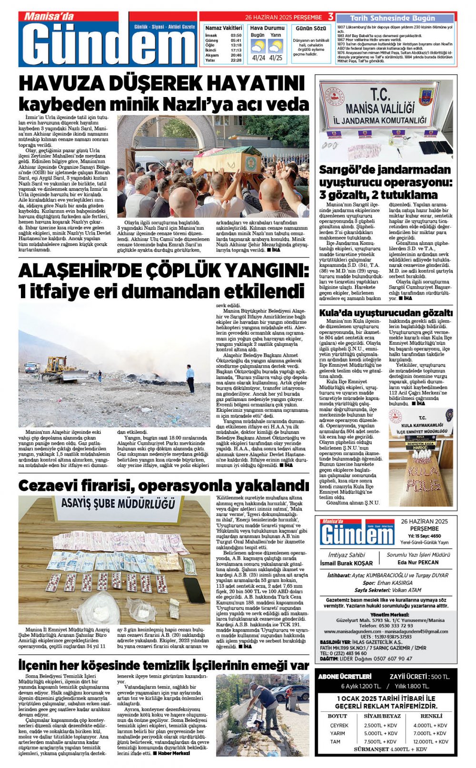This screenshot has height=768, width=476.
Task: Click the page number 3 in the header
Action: click(331, 17)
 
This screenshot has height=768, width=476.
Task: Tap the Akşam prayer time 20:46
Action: click(236, 55)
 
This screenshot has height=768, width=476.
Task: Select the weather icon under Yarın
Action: click(276, 47)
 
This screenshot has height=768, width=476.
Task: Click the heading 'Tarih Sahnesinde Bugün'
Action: click(392, 18)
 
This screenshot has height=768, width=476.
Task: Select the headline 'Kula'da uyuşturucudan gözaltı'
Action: click(386, 313)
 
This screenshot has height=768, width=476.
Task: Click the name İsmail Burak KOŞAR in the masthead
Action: click(346, 564)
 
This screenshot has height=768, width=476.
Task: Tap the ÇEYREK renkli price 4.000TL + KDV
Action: click(430, 725)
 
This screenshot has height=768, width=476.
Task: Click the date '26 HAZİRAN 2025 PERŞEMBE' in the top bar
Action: click(284, 17)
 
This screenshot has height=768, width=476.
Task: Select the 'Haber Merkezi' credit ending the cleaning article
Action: click(174, 753)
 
